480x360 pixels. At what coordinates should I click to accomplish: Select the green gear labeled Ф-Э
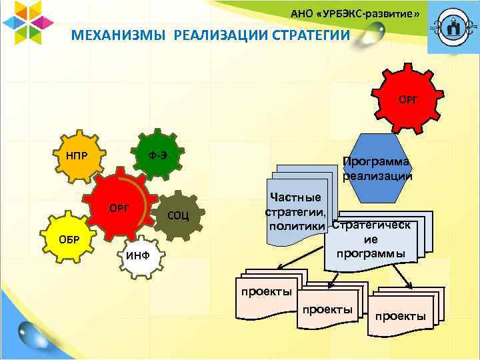[x=157, y=155]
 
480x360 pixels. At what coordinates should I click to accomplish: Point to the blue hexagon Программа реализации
[x=377, y=169]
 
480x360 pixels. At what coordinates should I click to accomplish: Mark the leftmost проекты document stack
[x=267, y=293]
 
